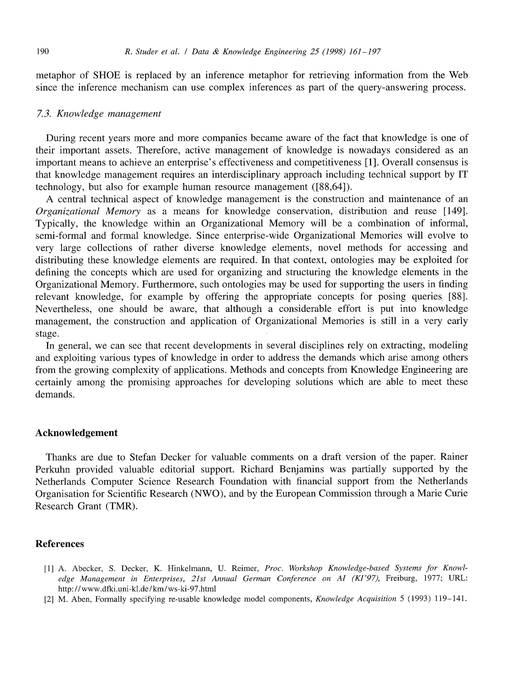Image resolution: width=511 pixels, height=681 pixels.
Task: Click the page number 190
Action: (42, 51)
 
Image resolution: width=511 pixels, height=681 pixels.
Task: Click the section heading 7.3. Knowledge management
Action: (98, 114)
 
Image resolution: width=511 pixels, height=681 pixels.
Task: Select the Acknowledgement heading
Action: (76, 433)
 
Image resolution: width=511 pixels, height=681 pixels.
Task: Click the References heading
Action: (59, 544)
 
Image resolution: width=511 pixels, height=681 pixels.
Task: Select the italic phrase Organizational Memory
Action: (88, 211)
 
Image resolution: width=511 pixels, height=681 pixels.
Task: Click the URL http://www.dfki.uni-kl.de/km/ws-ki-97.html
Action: (137, 589)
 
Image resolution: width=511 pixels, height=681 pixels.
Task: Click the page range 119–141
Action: (450, 599)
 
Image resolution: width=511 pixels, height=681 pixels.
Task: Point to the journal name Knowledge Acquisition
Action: (356, 599)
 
